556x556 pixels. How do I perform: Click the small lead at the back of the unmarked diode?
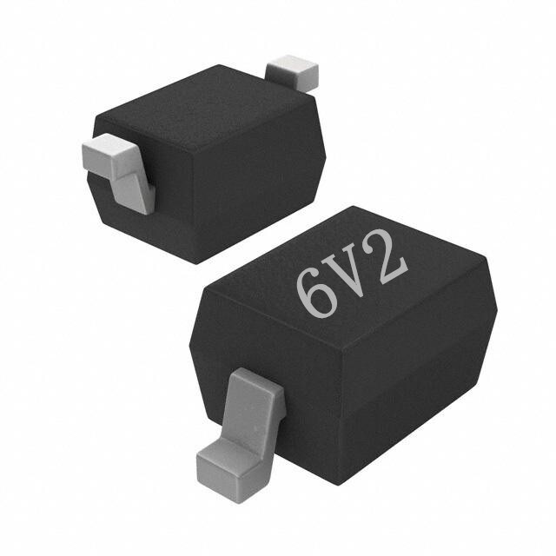(x=292, y=73)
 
